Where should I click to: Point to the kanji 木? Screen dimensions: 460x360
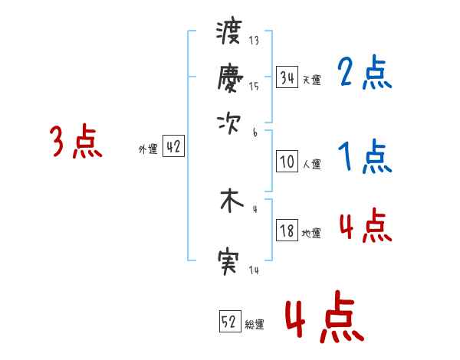coord(230,201)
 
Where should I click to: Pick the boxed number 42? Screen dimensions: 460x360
coord(173,147)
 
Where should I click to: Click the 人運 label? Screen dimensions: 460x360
coord(312,164)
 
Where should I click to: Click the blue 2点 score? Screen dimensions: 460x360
coord(365,74)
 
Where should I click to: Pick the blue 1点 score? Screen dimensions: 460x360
coord(365,157)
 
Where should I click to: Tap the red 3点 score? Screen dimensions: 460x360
coord(76,142)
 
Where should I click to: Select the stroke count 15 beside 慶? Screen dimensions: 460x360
coord(254,87)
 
